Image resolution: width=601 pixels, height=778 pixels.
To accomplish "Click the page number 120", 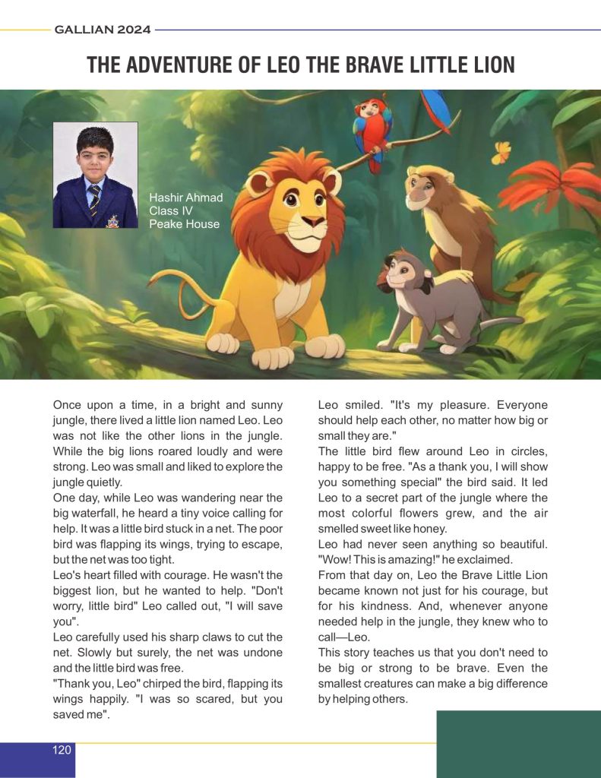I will (62, 750).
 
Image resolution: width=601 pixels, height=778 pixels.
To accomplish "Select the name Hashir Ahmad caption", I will (186, 198).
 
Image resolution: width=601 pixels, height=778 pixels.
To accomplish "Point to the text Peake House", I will (185, 224).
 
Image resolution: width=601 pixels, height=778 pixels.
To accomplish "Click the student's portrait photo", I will (95, 175).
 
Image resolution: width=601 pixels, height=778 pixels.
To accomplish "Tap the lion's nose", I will (314, 220).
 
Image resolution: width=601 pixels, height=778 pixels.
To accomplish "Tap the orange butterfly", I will (501, 153).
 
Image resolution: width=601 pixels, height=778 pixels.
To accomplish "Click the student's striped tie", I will (94, 201).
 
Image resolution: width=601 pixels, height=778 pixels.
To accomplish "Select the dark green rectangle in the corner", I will (518, 743).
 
